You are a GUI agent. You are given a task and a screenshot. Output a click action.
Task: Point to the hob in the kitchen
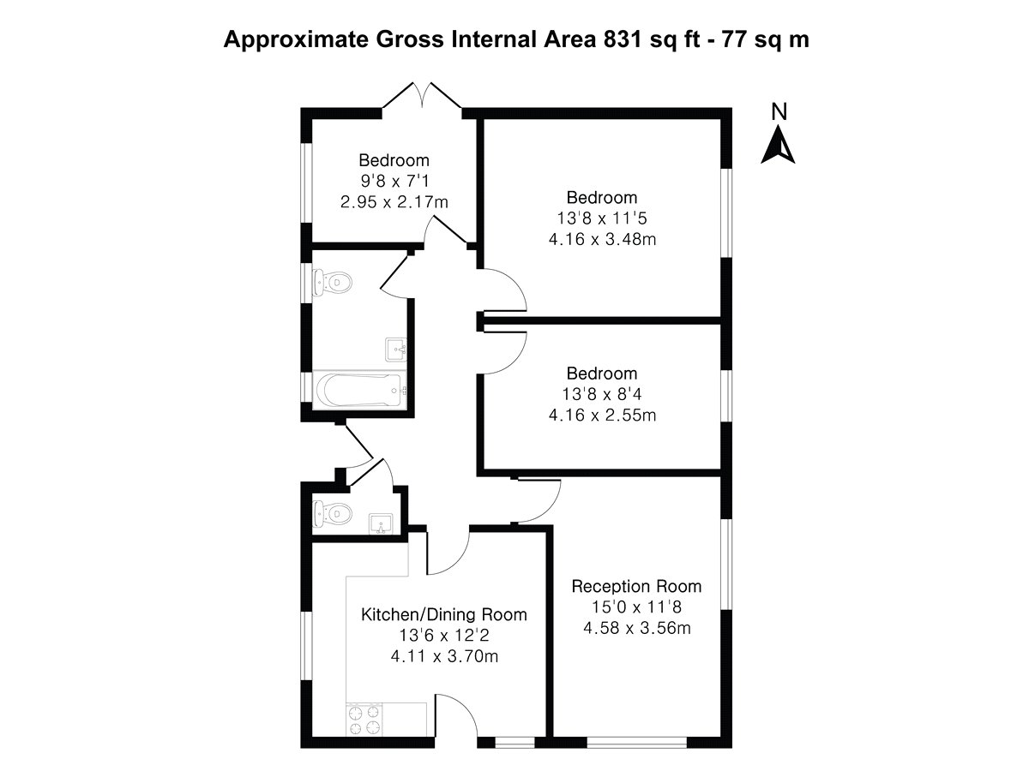(364, 720)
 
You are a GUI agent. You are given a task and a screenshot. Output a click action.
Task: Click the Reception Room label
(636, 587)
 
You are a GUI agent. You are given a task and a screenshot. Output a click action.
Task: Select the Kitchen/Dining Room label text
(443, 615)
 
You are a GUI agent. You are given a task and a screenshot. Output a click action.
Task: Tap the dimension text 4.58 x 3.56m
(636, 628)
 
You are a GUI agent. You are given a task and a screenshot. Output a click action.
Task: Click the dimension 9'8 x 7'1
(394, 181)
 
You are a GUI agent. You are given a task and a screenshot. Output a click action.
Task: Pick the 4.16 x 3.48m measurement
(602, 238)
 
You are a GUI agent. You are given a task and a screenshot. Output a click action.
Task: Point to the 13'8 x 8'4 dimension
(602, 395)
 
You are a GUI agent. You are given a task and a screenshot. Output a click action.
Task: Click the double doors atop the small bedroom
(422, 96)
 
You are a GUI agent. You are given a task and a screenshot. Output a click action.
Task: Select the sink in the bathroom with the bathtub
(394, 349)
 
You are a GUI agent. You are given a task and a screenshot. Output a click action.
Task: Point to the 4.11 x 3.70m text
(443, 657)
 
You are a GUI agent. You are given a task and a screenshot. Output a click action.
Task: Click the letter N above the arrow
(779, 111)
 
